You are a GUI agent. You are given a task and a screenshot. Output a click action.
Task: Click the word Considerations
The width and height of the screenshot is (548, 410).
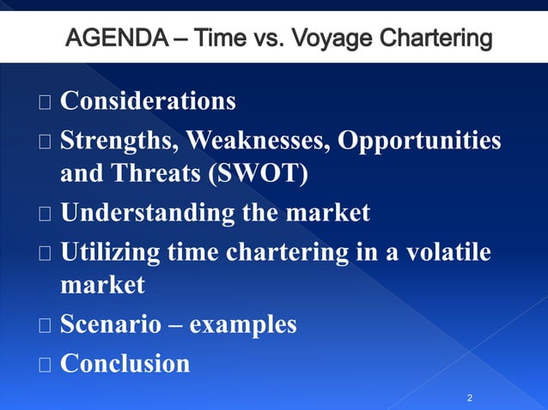click(148, 101)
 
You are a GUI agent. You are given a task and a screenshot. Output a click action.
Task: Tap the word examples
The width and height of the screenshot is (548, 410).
click(243, 325)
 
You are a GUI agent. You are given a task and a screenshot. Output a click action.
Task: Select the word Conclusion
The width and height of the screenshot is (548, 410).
click(125, 363)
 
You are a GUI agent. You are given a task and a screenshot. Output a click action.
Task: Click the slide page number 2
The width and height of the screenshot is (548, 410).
click(470, 398)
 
